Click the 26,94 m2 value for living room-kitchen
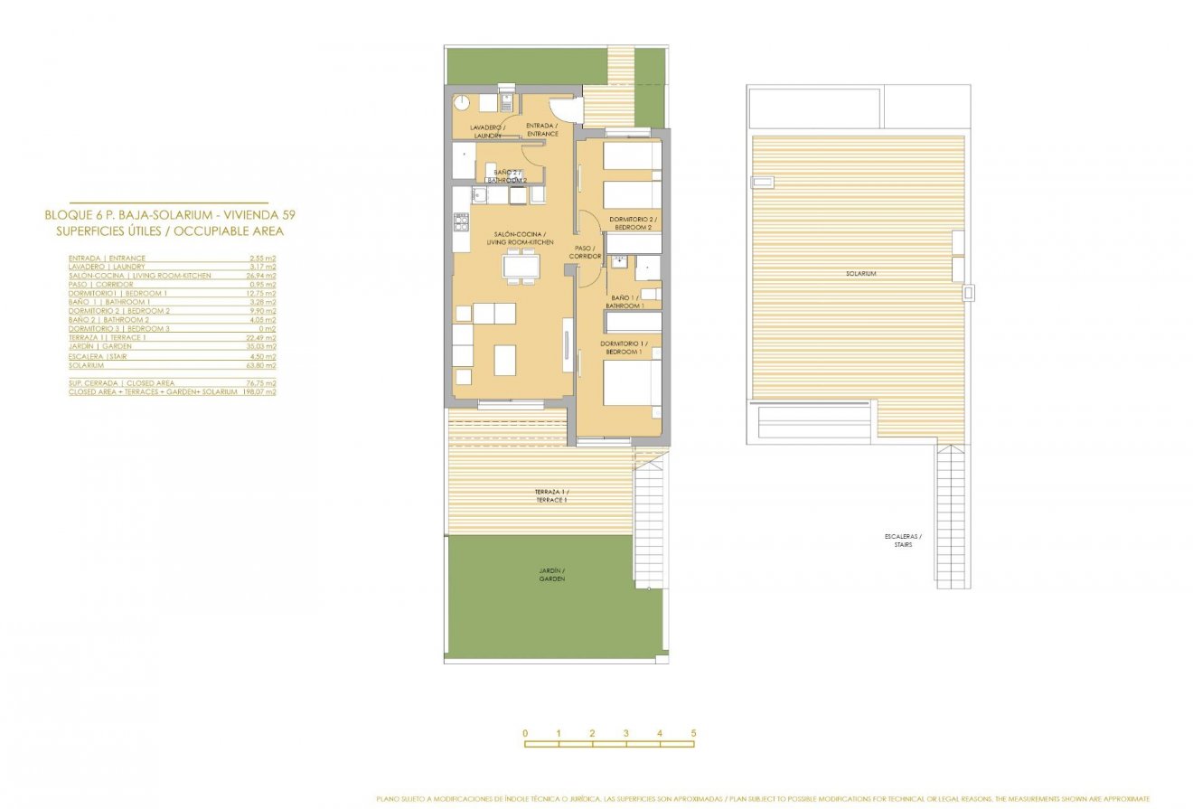point(263,276)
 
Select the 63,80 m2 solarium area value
point(263,365)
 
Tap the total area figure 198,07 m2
point(258,392)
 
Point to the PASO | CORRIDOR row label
point(100,285)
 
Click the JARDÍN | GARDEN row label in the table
point(100,346)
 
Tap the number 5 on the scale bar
point(693,733)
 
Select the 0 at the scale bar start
point(525,733)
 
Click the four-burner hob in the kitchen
point(462,220)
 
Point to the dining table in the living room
point(520,266)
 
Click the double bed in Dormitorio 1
point(630,383)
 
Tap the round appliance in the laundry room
point(462,102)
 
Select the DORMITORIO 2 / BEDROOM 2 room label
point(634,223)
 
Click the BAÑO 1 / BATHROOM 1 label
point(627,302)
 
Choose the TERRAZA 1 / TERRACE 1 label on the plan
point(551,495)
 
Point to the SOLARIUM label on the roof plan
point(860,273)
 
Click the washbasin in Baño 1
point(619,263)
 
